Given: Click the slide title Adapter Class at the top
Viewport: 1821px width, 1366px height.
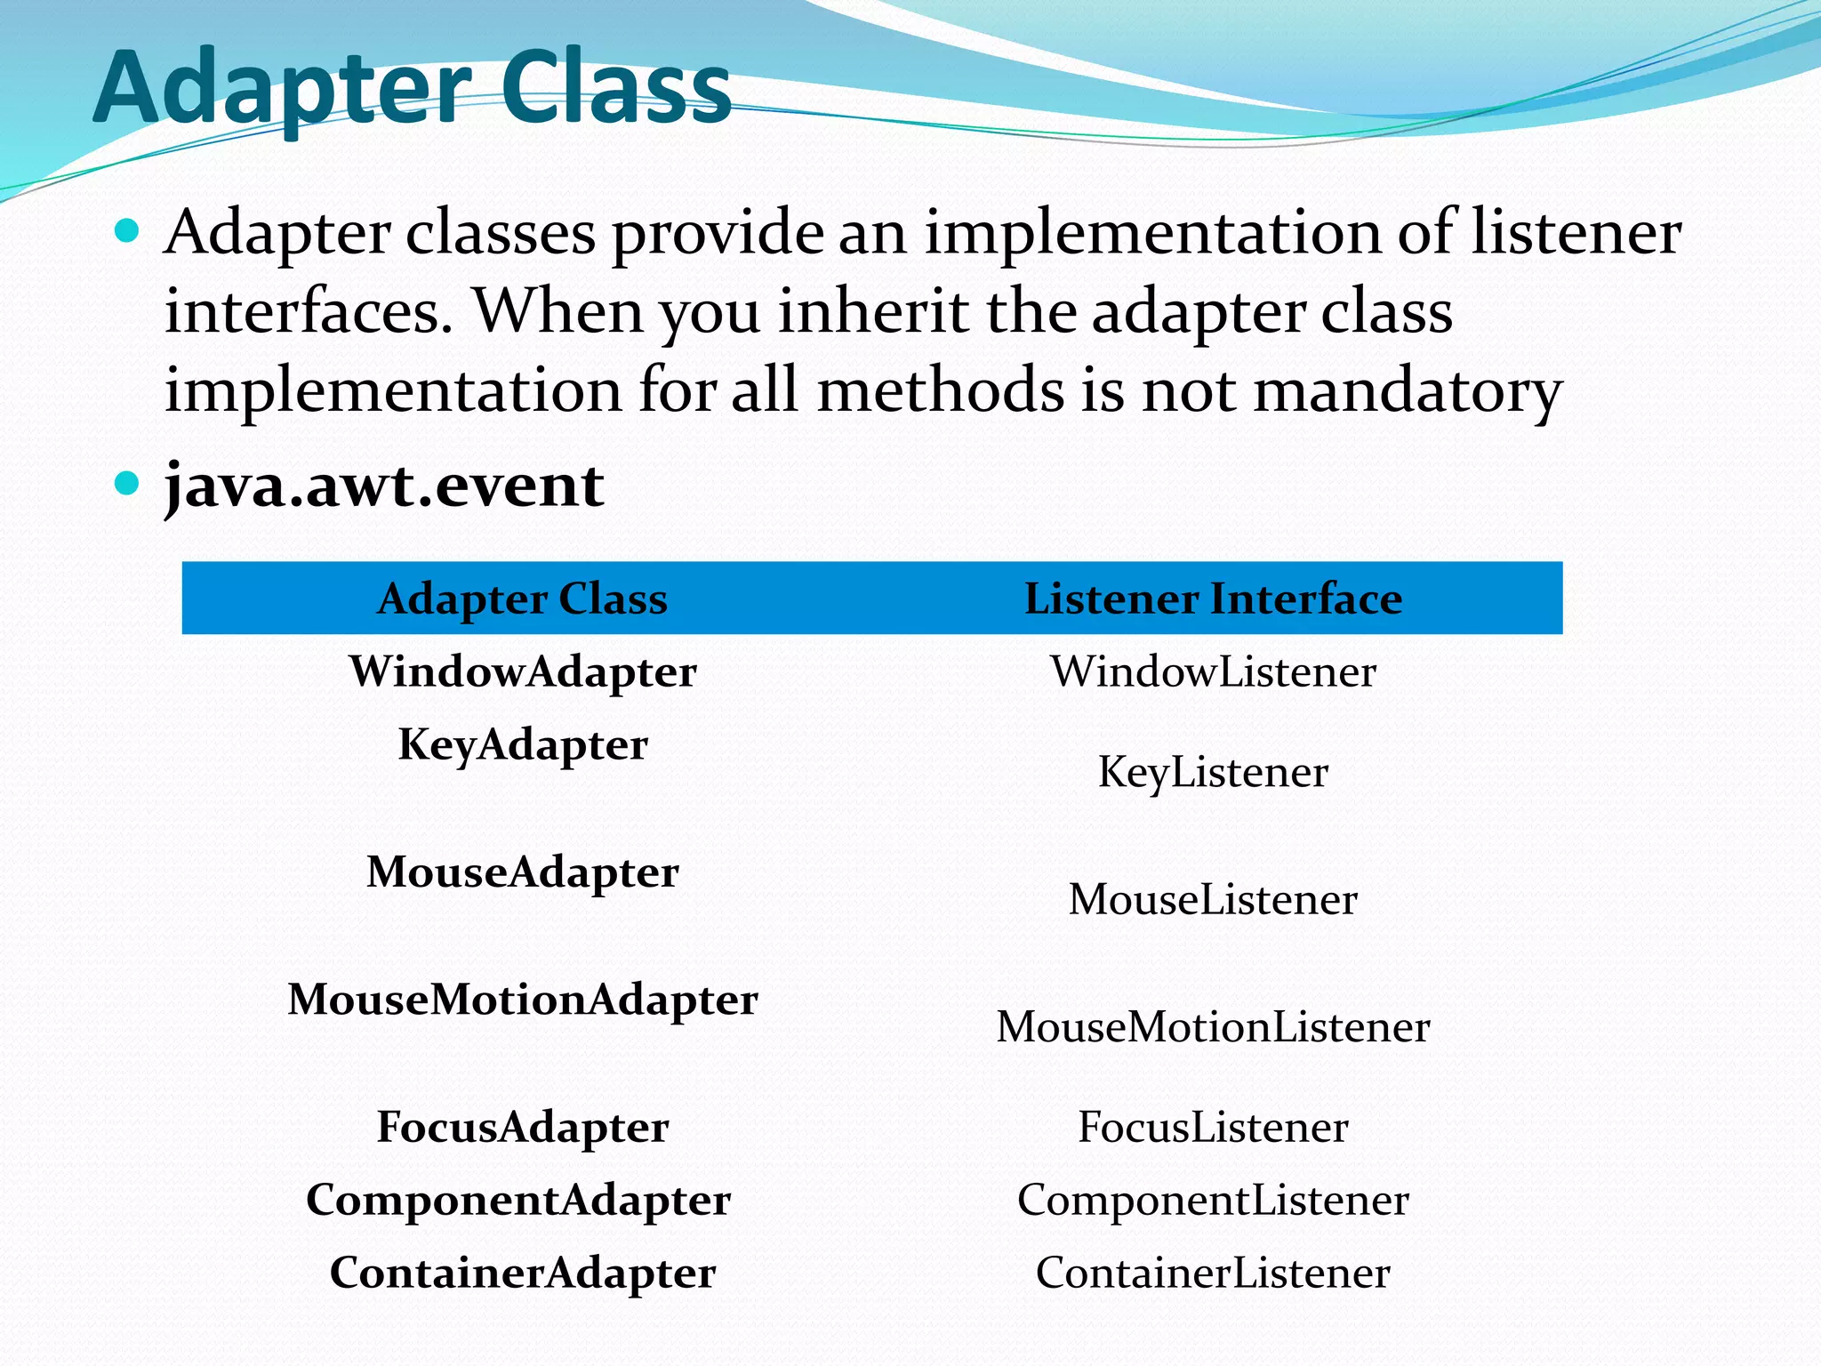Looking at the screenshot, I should point(412,87).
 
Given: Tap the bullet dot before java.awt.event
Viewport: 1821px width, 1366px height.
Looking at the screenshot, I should point(128,483).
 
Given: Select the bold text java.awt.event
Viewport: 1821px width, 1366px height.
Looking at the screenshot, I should point(384,486).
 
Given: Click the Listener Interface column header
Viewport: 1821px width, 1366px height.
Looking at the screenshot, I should point(1213,599).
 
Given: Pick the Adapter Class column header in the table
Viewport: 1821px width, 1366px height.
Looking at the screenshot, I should point(522,599).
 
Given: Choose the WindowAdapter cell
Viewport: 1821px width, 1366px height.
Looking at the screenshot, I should point(522,671).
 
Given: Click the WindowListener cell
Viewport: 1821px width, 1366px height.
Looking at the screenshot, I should point(1213,671).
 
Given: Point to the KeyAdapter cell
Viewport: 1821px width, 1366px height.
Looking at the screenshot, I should point(522,744).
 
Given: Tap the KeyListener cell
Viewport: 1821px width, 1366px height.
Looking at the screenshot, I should point(1213,772).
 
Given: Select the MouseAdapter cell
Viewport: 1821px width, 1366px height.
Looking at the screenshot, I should point(522,872).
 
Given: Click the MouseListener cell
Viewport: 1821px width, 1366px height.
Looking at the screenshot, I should point(1213,899).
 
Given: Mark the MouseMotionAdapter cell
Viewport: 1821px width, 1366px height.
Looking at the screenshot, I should point(522,1000).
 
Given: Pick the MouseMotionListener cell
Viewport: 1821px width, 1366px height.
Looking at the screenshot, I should point(1213,1027).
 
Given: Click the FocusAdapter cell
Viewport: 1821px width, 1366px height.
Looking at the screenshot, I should point(522,1128).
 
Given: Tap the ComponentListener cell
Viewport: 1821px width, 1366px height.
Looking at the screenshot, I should point(1213,1201).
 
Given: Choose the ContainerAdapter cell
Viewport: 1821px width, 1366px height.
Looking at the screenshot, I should point(522,1274).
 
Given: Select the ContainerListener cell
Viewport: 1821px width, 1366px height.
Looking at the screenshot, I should point(1213,1274).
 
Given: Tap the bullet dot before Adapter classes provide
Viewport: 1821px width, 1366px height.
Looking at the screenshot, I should point(128,231).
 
